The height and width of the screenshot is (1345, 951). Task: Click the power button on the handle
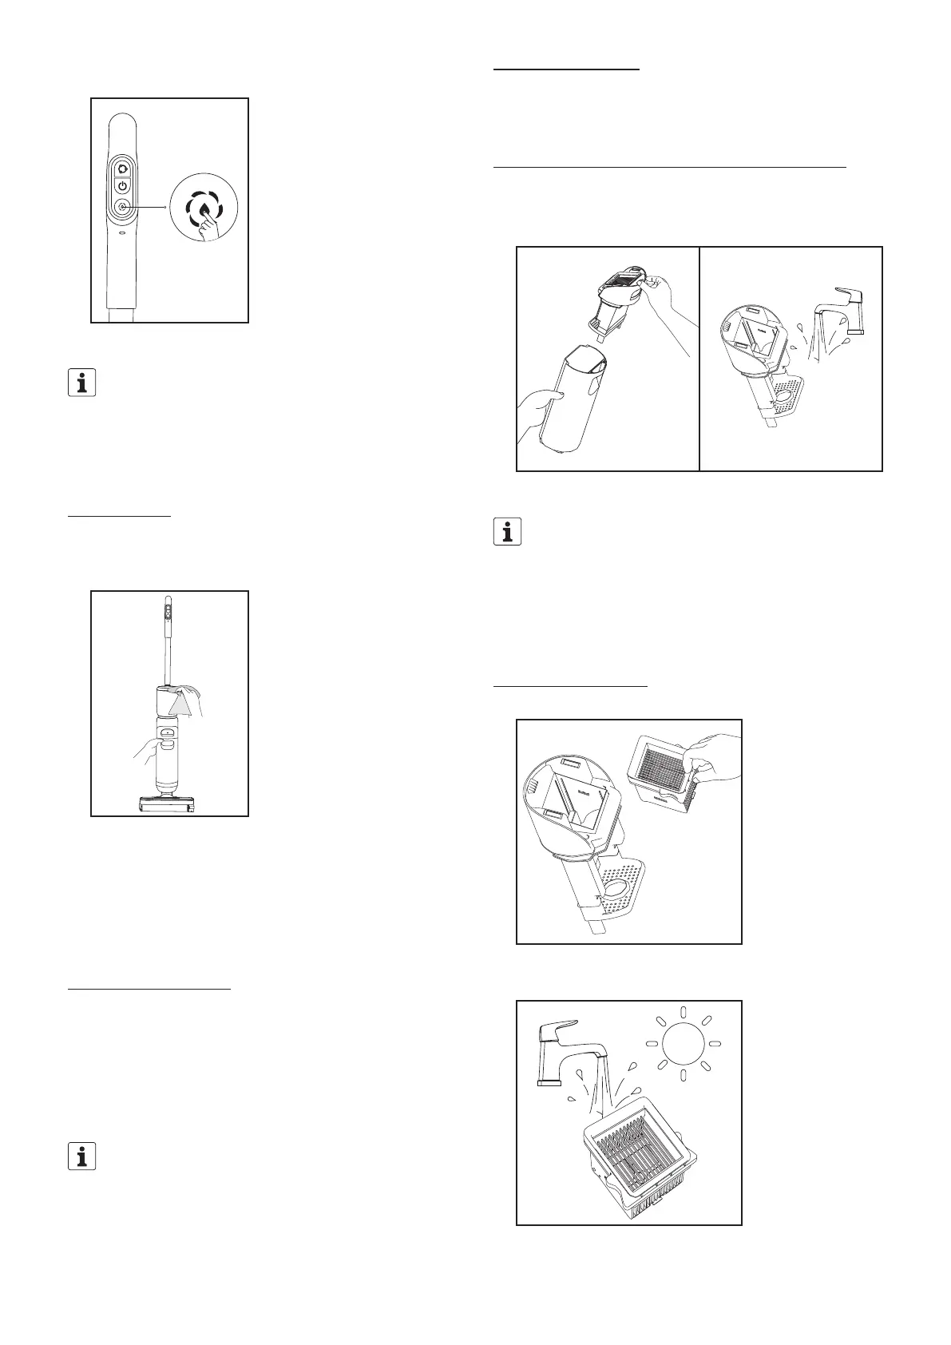coord(121,185)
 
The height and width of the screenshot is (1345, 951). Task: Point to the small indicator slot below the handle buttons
coord(121,235)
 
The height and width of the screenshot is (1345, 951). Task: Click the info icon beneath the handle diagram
coord(81,383)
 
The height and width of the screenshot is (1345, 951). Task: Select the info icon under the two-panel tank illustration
coord(507,531)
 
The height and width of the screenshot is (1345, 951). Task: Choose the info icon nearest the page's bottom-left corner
coord(81,1157)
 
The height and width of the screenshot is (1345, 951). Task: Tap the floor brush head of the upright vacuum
coord(168,805)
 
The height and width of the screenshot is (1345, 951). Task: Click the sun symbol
coord(683,1044)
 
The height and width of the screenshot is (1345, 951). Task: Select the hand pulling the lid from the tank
coord(667,300)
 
